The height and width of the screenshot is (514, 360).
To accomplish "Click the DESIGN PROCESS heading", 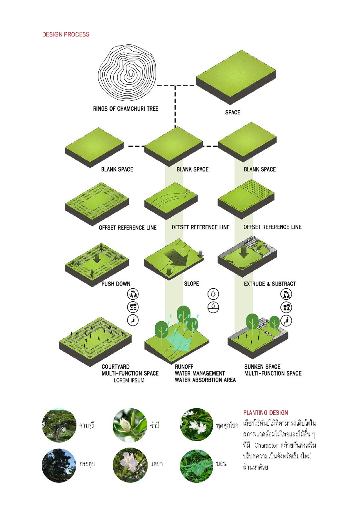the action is pos(66,34).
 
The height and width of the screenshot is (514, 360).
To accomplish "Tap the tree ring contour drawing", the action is pos(127,73).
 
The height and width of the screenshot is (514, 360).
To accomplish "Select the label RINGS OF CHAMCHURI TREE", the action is pos(126,108).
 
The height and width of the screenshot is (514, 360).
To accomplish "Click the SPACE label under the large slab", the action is pos(233,112).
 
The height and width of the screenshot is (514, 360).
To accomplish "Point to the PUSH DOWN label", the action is pos(116,284).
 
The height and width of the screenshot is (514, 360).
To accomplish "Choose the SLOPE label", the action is pos(191,283).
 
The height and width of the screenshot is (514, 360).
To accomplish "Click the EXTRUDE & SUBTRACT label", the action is pos(270,284).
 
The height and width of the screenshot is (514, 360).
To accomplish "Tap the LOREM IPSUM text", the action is pos(129,380).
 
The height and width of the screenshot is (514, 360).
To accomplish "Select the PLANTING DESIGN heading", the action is pos(266,412).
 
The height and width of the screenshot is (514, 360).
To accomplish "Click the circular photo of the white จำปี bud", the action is pos(130,425).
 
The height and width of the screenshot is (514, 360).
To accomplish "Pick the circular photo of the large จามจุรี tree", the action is pos(59,425).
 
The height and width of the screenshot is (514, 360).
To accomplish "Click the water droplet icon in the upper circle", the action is pos(213,294).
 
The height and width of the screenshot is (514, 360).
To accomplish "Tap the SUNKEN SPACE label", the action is pos(262,367).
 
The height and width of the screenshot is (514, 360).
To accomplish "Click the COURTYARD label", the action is pos(116,367).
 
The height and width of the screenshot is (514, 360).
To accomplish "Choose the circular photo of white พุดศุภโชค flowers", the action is pos(197,424).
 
